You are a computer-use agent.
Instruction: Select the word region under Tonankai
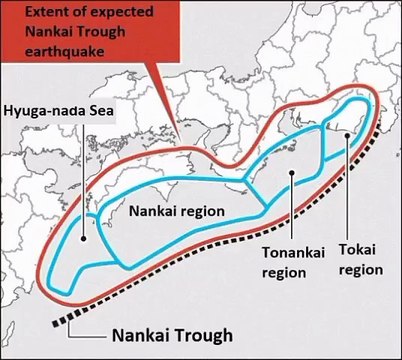[284, 271]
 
